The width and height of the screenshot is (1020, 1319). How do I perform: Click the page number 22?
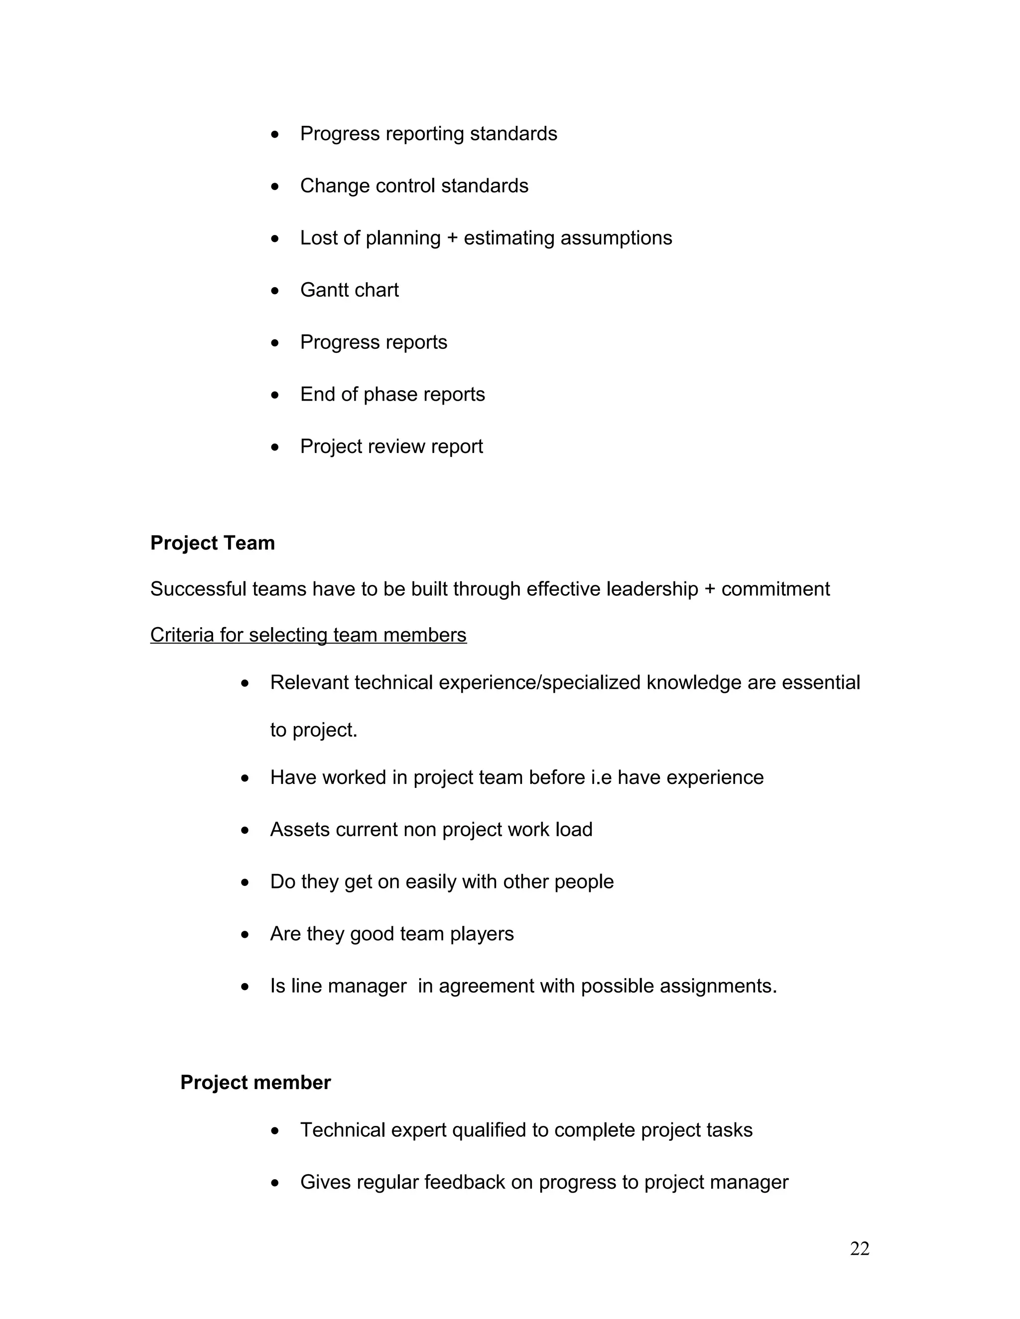pyautogui.click(x=859, y=1248)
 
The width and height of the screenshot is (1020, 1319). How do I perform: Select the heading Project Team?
pyautogui.click(x=212, y=543)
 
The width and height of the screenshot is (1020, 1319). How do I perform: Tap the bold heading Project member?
pyautogui.click(x=255, y=1082)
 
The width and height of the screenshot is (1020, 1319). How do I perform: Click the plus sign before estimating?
pyautogui.click(x=452, y=238)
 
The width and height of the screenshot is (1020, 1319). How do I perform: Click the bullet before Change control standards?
pyautogui.click(x=275, y=187)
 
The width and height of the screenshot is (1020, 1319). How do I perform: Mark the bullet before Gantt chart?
pyautogui.click(x=275, y=291)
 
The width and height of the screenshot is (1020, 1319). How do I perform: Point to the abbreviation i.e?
pyautogui.click(x=601, y=777)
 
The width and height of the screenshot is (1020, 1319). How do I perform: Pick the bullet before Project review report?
pyautogui.click(x=275, y=447)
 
